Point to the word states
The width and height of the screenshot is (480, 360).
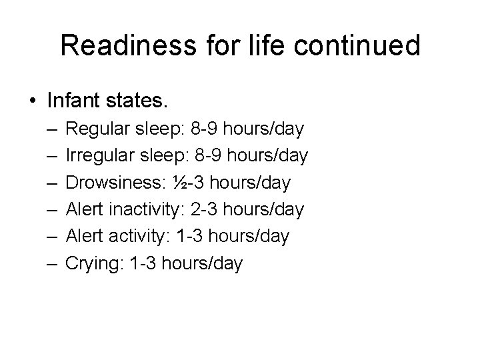(x=142, y=102)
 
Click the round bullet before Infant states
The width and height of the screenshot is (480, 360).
(x=33, y=102)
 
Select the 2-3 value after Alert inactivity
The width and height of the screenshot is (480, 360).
(x=204, y=210)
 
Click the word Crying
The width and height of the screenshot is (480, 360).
(x=90, y=264)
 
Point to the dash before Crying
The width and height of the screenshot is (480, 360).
(x=52, y=264)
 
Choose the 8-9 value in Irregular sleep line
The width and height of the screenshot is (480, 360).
(x=208, y=156)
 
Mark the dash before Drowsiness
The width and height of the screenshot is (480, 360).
(x=52, y=183)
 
